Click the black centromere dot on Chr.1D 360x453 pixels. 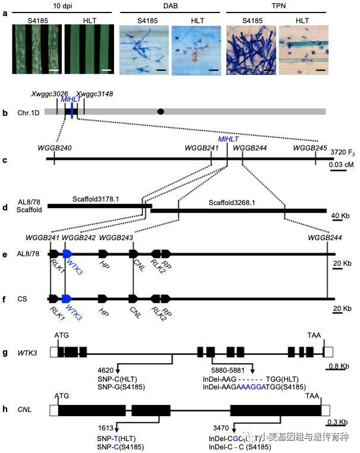point(160,111)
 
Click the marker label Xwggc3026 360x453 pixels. point(49,95)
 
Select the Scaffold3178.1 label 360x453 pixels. point(97,199)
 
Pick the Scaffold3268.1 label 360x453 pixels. point(233,203)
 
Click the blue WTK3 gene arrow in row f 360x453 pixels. point(67,297)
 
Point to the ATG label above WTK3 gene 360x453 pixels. point(61,336)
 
